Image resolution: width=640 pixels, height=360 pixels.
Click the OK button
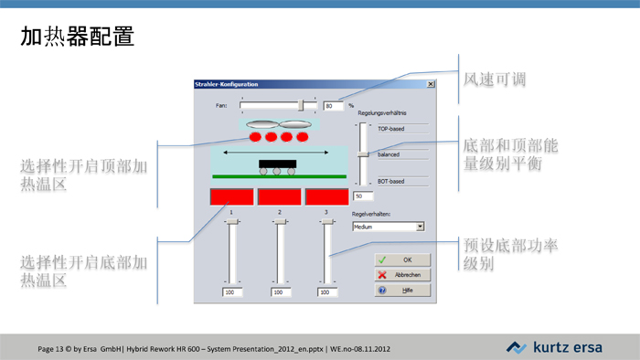[402, 259]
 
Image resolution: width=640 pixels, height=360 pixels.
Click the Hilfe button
[402, 290]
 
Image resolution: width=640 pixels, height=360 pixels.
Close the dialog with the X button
[431, 84]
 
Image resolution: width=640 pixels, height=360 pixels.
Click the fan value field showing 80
[332, 105]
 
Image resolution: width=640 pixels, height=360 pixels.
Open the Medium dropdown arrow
[420, 226]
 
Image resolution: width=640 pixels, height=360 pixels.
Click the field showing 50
[362, 196]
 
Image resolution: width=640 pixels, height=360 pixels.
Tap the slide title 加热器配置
[77, 37]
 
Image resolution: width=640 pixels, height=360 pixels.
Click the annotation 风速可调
[495, 80]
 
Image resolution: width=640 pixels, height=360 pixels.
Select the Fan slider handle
[301, 105]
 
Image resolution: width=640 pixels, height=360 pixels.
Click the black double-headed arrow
[277, 152]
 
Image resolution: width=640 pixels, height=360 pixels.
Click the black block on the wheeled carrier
[277, 164]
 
